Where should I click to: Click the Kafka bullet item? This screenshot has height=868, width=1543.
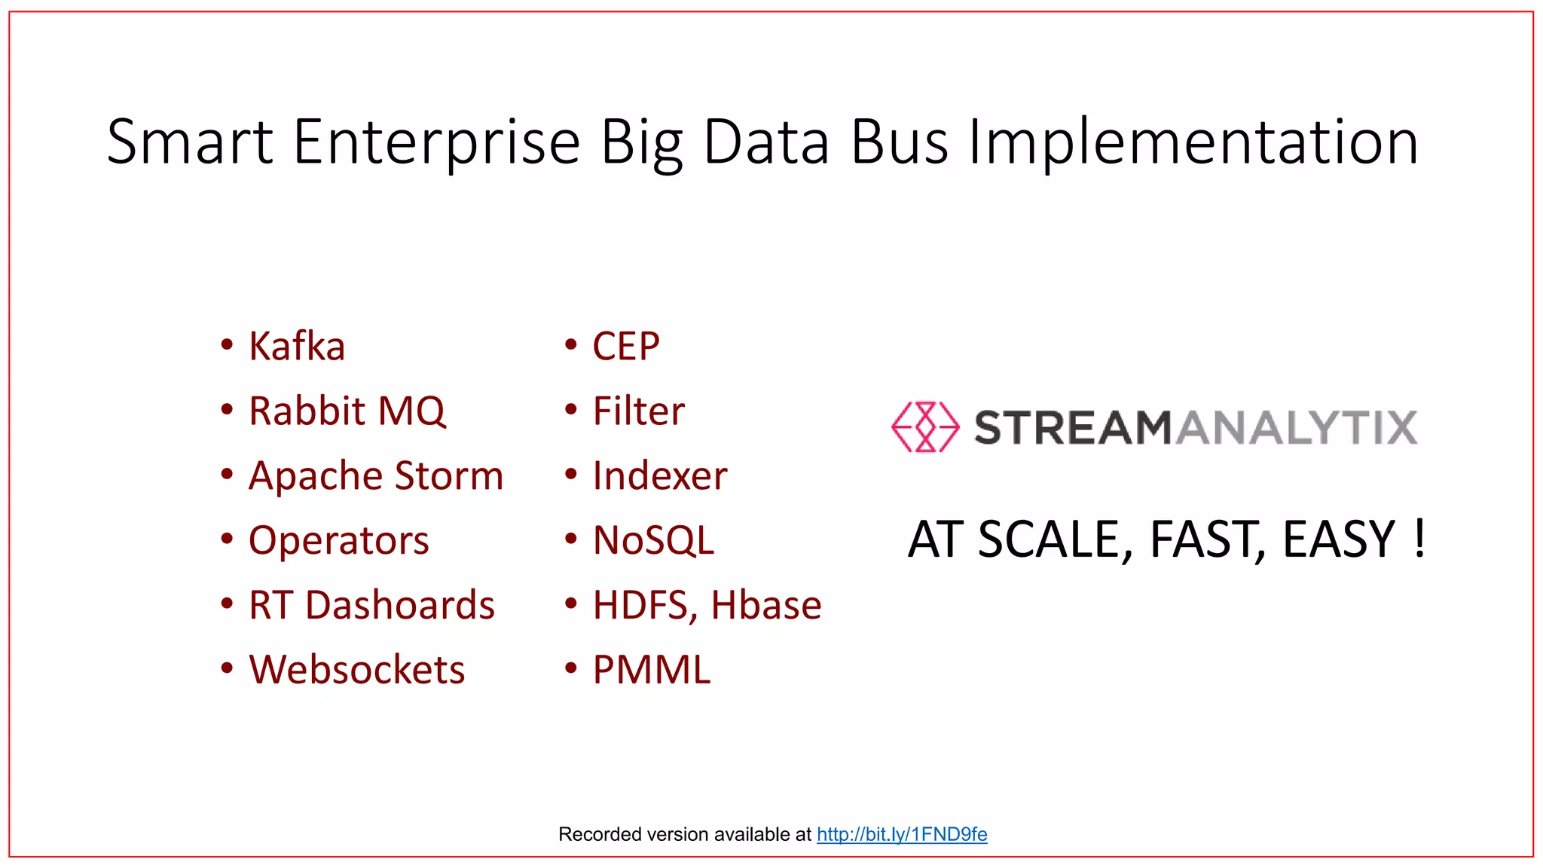tap(297, 347)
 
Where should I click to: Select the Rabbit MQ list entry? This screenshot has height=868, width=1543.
tap(347, 411)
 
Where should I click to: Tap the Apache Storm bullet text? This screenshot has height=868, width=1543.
tap(375, 476)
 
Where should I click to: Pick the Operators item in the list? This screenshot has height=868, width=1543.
tap(338, 541)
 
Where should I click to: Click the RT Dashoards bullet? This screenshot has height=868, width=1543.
tap(371, 605)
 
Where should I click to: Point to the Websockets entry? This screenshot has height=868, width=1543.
tap(356, 670)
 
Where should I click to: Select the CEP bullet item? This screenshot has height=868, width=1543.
tap(625, 347)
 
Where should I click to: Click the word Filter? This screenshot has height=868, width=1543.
tap(638, 411)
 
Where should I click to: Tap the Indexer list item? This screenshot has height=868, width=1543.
tap(659, 476)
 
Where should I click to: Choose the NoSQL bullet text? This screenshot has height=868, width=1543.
tap(653, 541)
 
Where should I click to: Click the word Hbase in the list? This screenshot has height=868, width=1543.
tap(765, 605)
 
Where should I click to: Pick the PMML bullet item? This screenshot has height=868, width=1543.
tap(651, 670)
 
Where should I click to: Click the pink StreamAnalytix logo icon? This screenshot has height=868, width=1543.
tap(925, 427)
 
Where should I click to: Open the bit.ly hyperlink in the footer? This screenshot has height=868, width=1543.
tap(901, 834)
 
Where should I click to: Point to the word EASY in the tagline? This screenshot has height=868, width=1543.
tap(1339, 539)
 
